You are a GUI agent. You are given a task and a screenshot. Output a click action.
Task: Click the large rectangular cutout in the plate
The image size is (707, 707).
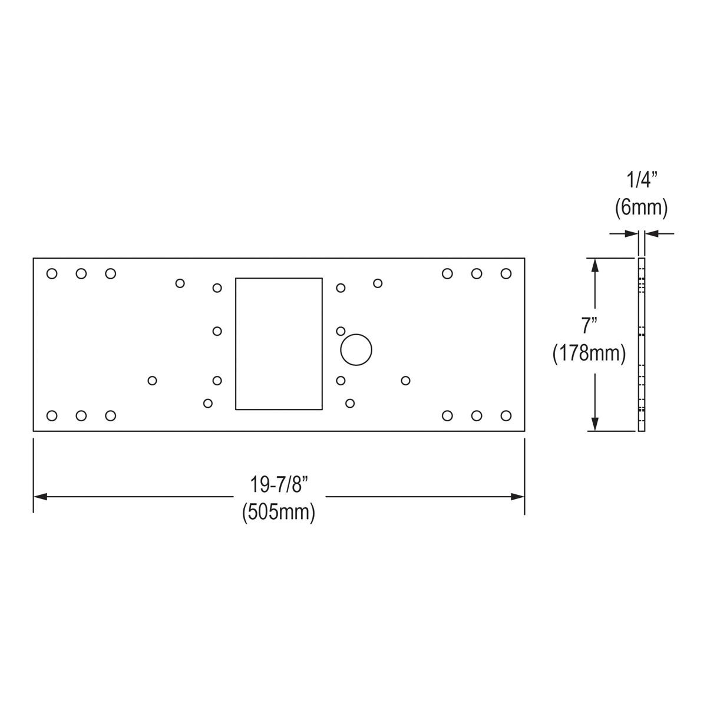[x=279, y=343]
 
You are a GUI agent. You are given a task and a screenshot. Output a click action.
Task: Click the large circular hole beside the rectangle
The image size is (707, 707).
[x=356, y=350]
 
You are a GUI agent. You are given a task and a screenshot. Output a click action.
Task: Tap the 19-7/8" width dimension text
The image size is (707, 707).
[x=279, y=485]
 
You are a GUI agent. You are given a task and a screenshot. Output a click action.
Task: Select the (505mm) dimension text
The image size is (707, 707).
[x=279, y=511]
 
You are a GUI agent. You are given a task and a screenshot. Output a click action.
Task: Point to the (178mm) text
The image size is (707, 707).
[x=589, y=353]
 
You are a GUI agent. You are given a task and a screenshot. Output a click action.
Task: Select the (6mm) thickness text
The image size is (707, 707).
[x=641, y=207]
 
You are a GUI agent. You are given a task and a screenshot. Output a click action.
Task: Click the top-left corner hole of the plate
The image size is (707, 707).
[x=52, y=273]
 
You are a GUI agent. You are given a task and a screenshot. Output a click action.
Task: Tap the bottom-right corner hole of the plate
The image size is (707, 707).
[x=506, y=415]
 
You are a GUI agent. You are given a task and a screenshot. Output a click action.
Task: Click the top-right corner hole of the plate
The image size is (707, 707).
[x=506, y=273]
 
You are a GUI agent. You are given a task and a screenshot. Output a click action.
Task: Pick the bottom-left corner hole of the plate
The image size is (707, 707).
[x=52, y=416]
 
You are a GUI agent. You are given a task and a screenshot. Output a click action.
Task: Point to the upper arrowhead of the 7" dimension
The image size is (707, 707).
[x=595, y=265]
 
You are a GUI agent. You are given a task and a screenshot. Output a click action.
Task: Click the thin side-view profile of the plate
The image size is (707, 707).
[x=642, y=344]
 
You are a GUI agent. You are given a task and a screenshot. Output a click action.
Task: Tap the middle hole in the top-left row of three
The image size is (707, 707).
[x=81, y=273]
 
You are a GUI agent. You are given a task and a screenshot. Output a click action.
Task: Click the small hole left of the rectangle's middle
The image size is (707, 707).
[x=217, y=331]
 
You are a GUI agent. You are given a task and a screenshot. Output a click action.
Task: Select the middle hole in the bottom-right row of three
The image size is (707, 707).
[x=477, y=416]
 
